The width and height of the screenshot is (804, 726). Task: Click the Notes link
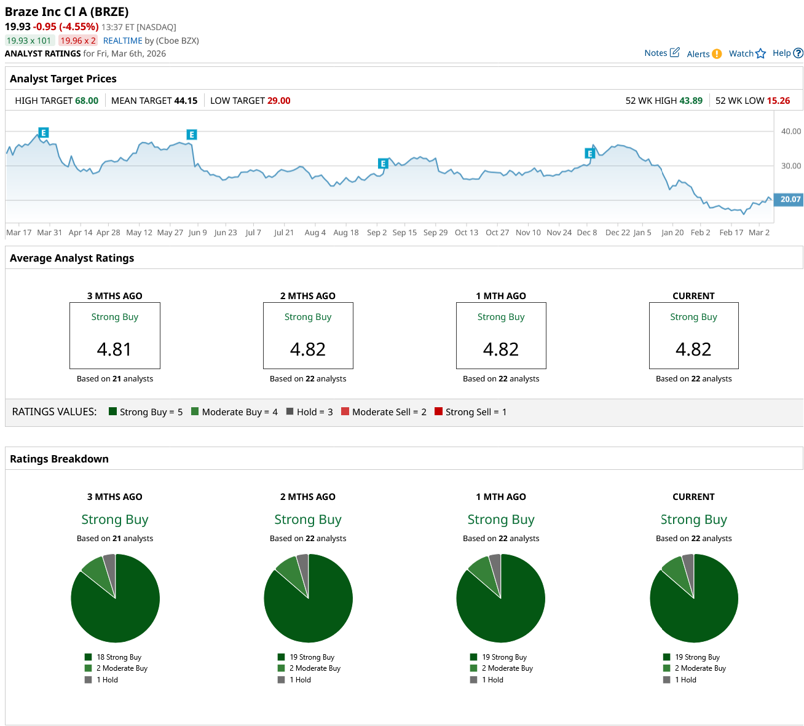click(x=656, y=53)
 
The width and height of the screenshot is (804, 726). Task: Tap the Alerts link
click(x=698, y=54)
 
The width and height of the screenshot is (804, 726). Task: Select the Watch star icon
click(x=761, y=53)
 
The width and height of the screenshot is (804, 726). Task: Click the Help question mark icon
click(x=798, y=53)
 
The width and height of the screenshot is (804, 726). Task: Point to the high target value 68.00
click(x=87, y=101)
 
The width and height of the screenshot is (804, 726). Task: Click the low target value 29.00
click(x=278, y=101)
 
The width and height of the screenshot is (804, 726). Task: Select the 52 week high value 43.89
click(x=690, y=101)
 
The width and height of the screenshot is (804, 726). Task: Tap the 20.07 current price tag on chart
click(x=790, y=199)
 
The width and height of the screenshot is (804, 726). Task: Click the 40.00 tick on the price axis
click(x=791, y=131)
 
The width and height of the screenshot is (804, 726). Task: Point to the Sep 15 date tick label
click(x=404, y=233)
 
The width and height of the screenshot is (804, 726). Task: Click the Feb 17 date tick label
click(x=731, y=233)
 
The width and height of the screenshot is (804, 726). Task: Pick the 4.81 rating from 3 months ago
click(x=114, y=349)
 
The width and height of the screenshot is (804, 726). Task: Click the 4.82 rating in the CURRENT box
click(x=693, y=349)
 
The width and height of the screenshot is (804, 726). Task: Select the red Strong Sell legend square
click(x=438, y=412)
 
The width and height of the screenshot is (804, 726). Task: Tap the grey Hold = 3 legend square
click(x=290, y=412)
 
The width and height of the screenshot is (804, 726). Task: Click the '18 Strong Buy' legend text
click(x=119, y=657)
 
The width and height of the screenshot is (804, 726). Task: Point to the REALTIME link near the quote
click(x=122, y=41)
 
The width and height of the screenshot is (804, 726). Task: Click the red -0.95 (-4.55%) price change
click(x=66, y=26)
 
